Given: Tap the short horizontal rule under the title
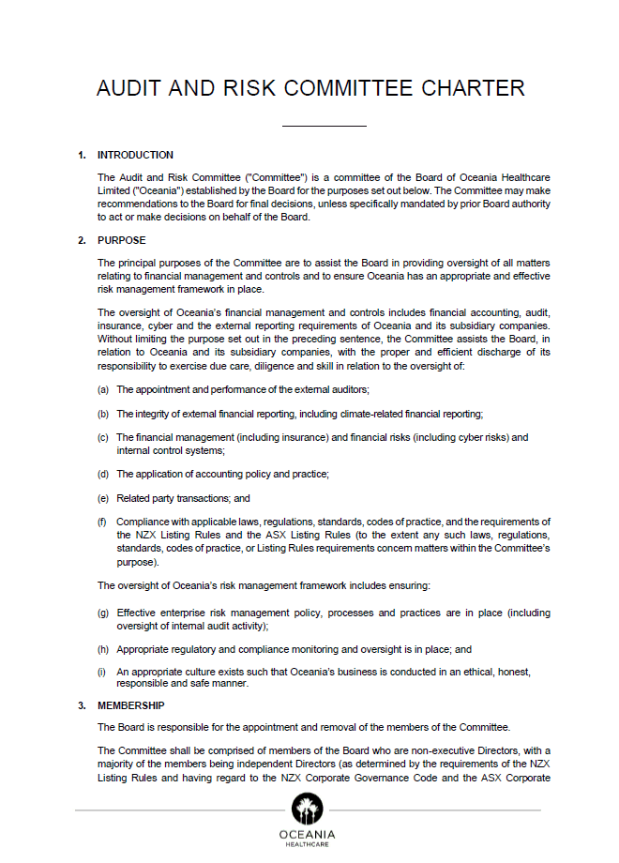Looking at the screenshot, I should pos(324,126).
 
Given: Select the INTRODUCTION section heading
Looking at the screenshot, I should pos(135,156).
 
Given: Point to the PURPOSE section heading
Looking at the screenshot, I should pos(122,241).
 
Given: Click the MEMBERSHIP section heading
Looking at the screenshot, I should pos(131,705).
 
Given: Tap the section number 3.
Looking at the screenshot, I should pos(82,705).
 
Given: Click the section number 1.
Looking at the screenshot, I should pos(82,156).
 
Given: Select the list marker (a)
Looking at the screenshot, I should pos(103,389).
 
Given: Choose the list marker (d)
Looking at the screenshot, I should pos(103,474).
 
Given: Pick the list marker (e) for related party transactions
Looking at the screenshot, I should pos(103,498).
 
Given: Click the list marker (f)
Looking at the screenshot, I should pos(103,522).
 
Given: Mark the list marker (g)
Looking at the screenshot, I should pos(103,613).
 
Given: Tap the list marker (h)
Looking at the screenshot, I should pos(103,649).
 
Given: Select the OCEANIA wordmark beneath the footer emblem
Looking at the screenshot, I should pos(307,834).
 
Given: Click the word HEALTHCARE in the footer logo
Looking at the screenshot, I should pos(307,844).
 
